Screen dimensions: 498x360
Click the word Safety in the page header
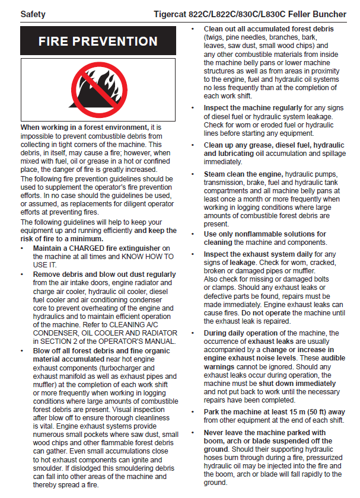(x=33, y=13)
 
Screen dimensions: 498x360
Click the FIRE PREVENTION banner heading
(x=98, y=41)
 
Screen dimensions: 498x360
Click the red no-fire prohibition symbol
(x=98, y=90)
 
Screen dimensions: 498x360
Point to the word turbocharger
(x=139, y=368)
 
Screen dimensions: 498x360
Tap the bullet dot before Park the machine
(x=195, y=411)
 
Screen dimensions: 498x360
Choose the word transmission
(x=224, y=183)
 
